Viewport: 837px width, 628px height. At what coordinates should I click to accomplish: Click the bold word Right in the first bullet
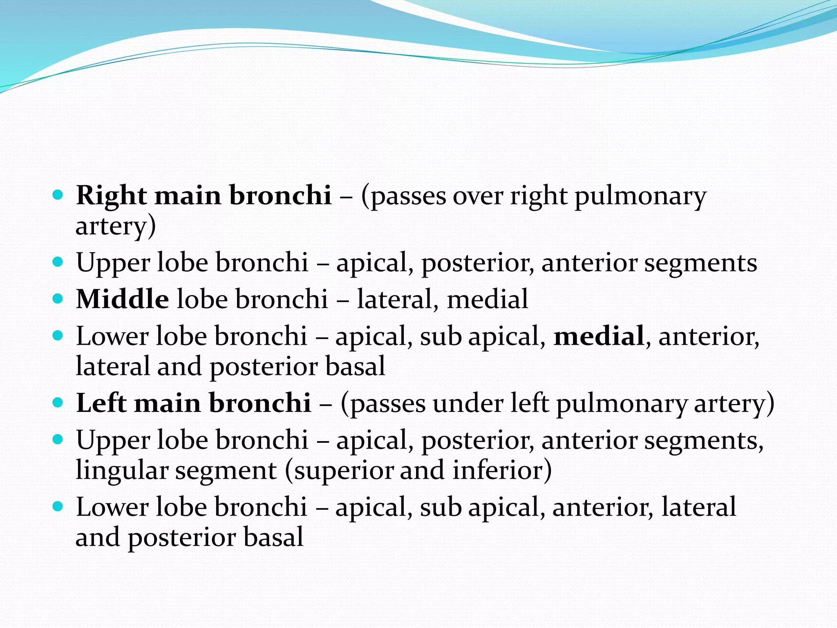tap(111, 195)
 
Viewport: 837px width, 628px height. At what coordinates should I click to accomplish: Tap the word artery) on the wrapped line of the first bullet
tap(116, 226)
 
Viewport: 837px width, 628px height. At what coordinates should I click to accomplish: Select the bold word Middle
tap(122, 299)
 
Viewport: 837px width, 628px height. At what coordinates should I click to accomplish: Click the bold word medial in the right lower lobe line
tap(599, 336)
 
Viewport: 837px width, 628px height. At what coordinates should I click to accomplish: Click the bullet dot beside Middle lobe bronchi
tap(58, 298)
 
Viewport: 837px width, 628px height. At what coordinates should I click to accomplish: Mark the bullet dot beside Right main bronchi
tap(58, 195)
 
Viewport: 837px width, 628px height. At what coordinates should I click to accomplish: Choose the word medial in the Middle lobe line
tap(488, 299)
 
